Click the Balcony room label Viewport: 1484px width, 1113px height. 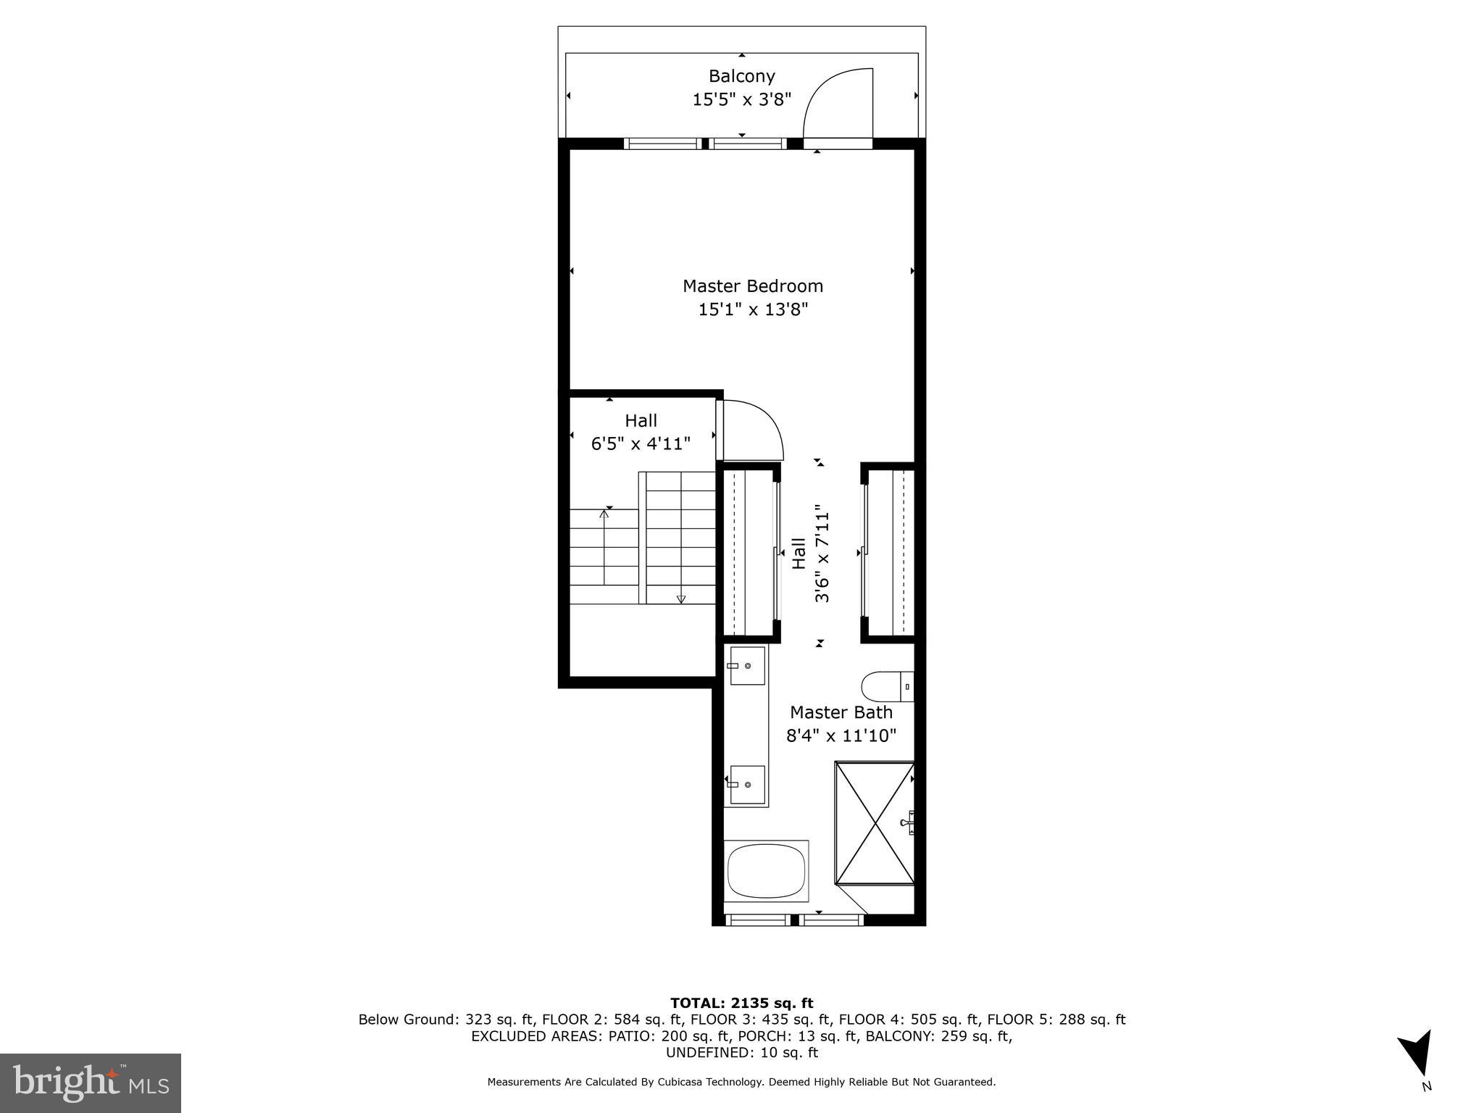[741, 76]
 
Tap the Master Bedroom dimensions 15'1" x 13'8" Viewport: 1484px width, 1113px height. [753, 310]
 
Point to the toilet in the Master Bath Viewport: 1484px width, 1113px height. [885, 686]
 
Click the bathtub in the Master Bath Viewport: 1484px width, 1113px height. [766, 872]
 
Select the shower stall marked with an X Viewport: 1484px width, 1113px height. [875, 823]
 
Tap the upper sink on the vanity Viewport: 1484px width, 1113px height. [747, 665]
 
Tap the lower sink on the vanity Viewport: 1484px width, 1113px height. [747, 785]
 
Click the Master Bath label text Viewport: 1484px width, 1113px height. [841, 712]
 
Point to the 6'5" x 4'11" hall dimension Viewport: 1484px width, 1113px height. [641, 444]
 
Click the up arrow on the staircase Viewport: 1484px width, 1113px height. [604, 516]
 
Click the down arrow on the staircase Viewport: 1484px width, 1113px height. [680, 598]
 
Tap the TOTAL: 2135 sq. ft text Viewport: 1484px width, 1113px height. [741, 1004]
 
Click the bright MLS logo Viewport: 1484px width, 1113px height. [91, 1083]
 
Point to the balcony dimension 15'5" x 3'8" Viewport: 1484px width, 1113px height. [741, 100]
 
